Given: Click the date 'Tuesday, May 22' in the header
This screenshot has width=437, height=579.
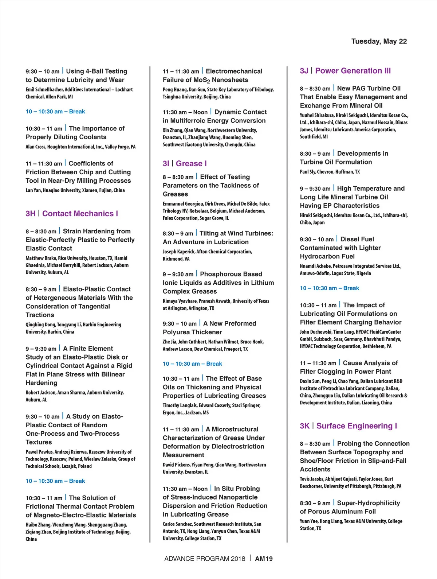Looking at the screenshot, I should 379,41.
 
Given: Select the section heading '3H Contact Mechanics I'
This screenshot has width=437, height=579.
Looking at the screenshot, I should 72,214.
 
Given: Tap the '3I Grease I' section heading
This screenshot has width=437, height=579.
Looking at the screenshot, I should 185,164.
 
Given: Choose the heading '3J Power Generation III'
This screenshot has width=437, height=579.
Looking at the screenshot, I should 345,71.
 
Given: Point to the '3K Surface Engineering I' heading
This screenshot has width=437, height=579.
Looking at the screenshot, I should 348,426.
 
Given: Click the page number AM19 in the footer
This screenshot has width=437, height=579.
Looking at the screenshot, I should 264,559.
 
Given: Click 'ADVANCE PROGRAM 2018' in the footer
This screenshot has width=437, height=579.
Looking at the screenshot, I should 205,559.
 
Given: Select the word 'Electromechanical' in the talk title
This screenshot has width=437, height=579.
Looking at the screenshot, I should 234,71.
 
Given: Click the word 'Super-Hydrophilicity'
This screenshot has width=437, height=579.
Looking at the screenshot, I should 368,503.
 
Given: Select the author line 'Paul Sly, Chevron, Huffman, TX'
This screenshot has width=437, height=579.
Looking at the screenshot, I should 330,172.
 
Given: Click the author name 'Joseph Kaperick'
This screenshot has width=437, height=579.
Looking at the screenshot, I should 178,252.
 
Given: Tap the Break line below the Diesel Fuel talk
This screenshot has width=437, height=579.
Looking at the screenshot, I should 329,288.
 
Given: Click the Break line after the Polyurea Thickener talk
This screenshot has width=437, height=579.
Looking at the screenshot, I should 192,364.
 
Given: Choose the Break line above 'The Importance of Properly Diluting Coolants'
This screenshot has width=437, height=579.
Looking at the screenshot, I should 55,112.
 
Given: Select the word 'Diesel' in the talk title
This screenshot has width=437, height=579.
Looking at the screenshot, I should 348,239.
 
